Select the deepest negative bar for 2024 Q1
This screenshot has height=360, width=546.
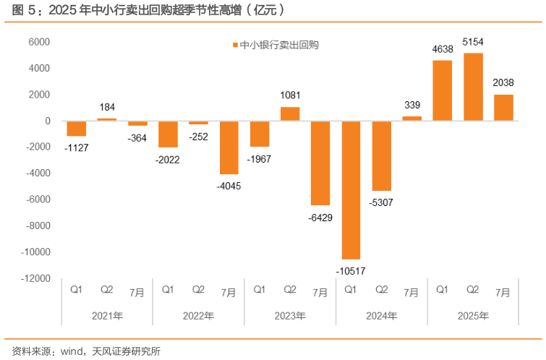pyautogui.click(x=351, y=189)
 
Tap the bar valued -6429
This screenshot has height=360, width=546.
pyautogui.click(x=320, y=163)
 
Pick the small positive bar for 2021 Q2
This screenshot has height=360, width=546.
pyautogui.click(x=106, y=119)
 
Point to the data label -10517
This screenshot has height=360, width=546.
pyautogui.click(x=351, y=271)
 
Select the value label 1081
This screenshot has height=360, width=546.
pyautogui.click(x=290, y=95)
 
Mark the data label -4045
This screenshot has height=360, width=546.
pyautogui.click(x=229, y=186)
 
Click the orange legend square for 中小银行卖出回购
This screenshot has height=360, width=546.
pyautogui.click(x=234, y=45)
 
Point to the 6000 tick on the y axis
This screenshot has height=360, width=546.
pyautogui.click(x=40, y=42)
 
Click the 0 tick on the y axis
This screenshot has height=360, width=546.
pyautogui.click(x=47, y=121)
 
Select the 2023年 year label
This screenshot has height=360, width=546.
pyautogui.click(x=290, y=316)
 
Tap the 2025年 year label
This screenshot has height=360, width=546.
pyautogui.click(x=473, y=316)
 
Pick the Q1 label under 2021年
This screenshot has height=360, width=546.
pyautogui.click(x=76, y=291)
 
